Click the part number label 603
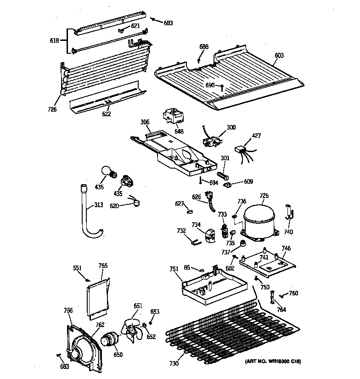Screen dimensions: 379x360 (279, 56)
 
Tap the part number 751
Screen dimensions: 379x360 (174, 270)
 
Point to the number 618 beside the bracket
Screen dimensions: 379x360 (54, 40)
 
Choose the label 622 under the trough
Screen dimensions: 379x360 (107, 114)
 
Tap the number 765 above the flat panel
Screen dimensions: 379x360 (103, 266)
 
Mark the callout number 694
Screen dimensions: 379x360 (214, 183)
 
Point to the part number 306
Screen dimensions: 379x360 (145, 122)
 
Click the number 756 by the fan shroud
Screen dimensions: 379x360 (68, 311)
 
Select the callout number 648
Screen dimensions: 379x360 (180, 131)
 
